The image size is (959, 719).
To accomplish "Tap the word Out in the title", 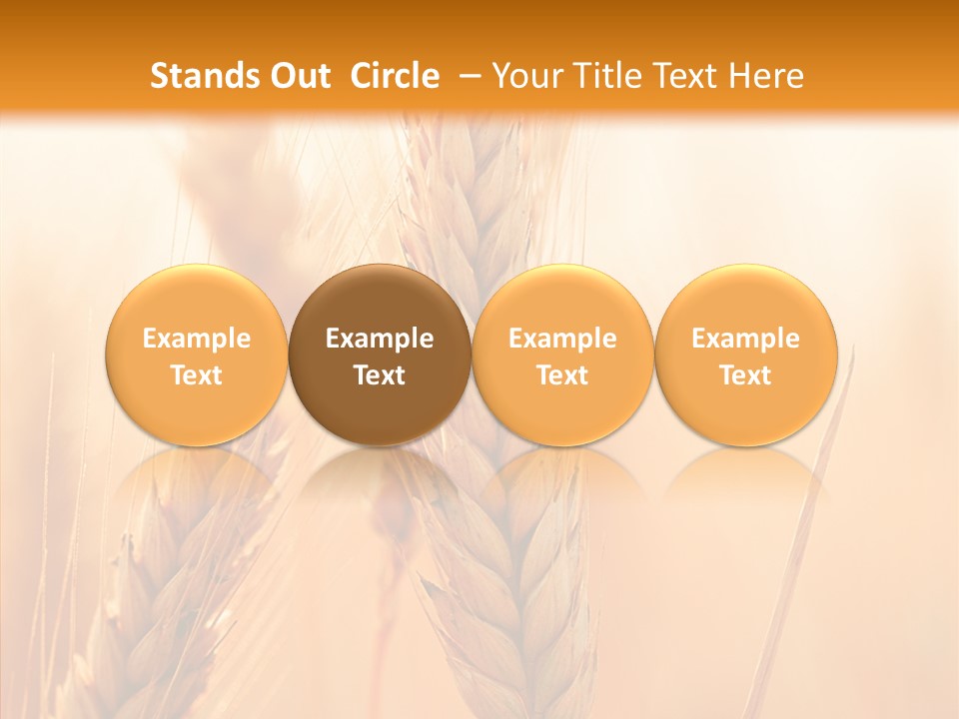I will point(298,76).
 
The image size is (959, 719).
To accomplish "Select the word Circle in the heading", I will point(395,76).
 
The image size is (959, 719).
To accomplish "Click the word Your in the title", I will point(525,76).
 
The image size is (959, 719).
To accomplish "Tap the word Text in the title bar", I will point(685,76).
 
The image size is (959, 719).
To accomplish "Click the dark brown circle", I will point(380,300).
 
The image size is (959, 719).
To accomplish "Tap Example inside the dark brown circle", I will point(380,339).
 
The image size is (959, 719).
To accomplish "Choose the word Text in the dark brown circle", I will point(380,375).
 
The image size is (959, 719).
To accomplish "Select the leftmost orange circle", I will point(197,300).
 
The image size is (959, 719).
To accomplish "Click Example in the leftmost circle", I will point(197,339).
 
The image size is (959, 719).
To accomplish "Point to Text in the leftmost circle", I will point(197,375).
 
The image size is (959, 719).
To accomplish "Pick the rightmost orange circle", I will point(746,300).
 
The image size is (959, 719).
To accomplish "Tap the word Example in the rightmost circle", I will point(746,339).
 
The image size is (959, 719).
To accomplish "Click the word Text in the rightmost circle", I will point(746,375).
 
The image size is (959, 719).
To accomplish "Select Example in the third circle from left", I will point(562,339).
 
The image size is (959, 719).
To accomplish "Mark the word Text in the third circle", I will point(562,375).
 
